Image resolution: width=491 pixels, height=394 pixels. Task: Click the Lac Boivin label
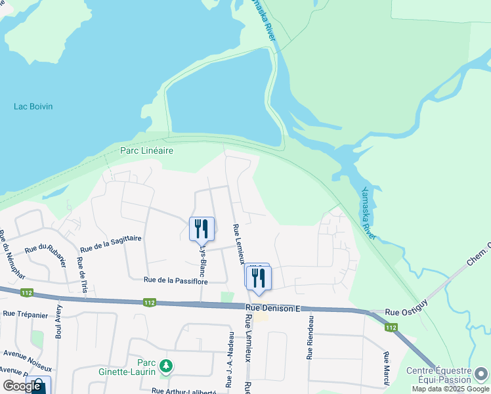click(33, 106)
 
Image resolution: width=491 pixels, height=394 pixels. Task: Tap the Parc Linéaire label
click(146, 150)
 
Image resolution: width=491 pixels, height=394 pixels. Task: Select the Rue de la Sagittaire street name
click(110, 244)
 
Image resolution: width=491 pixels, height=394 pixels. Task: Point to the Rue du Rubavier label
click(46, 248)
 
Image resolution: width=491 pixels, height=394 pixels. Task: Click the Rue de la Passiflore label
click(176, 281)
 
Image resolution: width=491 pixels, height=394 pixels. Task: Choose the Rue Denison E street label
click(272, 307)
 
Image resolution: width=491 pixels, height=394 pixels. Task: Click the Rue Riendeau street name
click(309, 338)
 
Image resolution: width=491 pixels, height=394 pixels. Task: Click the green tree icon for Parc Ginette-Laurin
click(167, 365)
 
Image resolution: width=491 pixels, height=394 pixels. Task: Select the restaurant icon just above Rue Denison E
click(258, 277)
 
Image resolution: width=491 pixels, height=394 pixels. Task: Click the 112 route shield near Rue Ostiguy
click(391, 327)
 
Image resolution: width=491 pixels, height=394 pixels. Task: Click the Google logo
click(22, 386)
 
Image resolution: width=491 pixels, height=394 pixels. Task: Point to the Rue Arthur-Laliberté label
click(183, 391)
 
